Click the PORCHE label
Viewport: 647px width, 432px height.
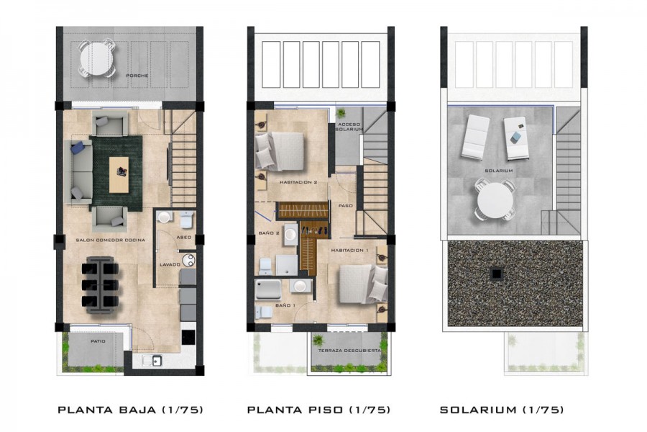[x=137, y=76]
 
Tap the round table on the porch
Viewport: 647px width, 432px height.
[x=96, y=58]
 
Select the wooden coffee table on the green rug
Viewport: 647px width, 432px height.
[x=119, y=174]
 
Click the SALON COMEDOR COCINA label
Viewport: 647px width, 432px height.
[x=110, y=240]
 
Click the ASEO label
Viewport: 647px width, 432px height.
[x=183, y=238]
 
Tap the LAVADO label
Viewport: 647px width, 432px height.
[x=170, y=264]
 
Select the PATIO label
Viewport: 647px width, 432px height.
[x=98, y=341]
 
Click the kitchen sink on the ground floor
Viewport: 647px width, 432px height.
[x=152, y=361]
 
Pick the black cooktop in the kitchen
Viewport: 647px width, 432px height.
[x=188, y=336]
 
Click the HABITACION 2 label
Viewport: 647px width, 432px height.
[x=298, y=182]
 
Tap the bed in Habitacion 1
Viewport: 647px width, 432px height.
[x=363, y=283]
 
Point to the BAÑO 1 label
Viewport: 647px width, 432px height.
[x=285, y=305]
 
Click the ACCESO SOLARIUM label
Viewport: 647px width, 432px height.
[x=349, y=127]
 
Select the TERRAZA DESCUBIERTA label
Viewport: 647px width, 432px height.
[x=349, y=351]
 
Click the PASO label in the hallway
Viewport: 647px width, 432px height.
[x=345, y=205]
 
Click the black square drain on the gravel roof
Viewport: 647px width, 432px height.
[x=496, y=274]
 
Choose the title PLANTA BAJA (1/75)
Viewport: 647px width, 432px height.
[x=130, y=410]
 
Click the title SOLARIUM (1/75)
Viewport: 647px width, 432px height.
[x=501, y=410]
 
